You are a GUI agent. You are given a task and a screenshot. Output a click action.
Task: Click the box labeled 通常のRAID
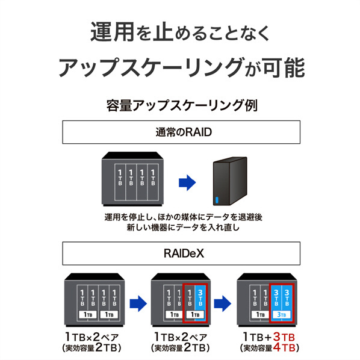click(x=181, y=132)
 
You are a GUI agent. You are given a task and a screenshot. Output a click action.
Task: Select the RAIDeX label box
click(x=181, y=253)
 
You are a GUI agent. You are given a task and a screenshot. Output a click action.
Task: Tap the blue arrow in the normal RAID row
click(x=187, y=182)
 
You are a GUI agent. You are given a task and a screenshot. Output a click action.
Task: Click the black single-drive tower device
click(x=230, y=181)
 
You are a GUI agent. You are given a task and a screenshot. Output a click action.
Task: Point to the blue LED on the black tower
click(x=217, y=200)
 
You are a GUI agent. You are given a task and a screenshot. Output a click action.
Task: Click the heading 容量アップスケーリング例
click(x=182, y=105)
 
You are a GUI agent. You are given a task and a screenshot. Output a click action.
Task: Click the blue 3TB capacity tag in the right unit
click(x=281, y=314)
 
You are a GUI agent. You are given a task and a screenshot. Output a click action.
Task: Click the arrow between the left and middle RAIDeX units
click(x=138, y=303)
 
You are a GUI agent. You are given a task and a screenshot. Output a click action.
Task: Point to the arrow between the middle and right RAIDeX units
click(x=223, y=303)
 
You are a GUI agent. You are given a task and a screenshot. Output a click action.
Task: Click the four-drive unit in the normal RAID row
click(x=132, y=179)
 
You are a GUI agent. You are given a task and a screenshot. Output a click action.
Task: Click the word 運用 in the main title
click(x=112, y=32)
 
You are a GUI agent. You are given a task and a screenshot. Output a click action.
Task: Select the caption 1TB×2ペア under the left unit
click(x=92, y=337)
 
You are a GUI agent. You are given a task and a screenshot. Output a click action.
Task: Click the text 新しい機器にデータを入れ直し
click(x=183, y=228)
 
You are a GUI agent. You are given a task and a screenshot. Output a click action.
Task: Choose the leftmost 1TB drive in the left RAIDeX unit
click(x=82, y=298)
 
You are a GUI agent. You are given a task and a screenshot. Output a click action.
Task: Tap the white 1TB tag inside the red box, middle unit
click(x=195, y=314)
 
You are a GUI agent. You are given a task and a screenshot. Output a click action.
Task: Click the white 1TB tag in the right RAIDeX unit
click(x=260, y=314)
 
